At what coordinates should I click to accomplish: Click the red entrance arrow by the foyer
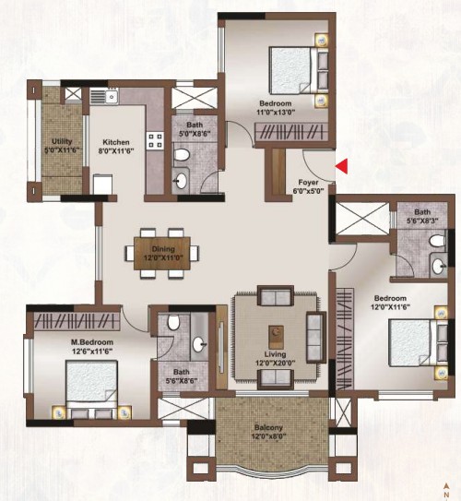click(x=341, y=166)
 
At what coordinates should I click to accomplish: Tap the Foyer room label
click(x=308, y=183)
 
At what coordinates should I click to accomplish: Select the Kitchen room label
click(x=116, y=142)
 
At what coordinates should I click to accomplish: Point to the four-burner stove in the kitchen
click(x=155, y=140)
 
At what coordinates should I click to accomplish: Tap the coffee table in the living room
click(x=276, y=337)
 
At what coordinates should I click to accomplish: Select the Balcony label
click(x=268, y=427)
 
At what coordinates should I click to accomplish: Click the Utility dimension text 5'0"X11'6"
click(x=61, y=149)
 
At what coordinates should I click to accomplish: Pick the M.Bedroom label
click(x=92, y=342)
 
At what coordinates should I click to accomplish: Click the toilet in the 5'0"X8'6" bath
click(x=182, y=155)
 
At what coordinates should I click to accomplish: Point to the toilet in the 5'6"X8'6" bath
click(x=173, y=323)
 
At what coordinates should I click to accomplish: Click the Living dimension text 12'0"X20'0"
click(x=275, y=363)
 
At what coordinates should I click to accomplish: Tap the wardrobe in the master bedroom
click(x=77, y=321)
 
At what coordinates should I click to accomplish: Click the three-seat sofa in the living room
click(x=316, y=338)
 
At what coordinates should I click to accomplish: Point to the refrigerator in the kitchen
click(x=102, y=184)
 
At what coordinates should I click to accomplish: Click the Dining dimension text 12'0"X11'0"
click(x=163, y=257)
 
